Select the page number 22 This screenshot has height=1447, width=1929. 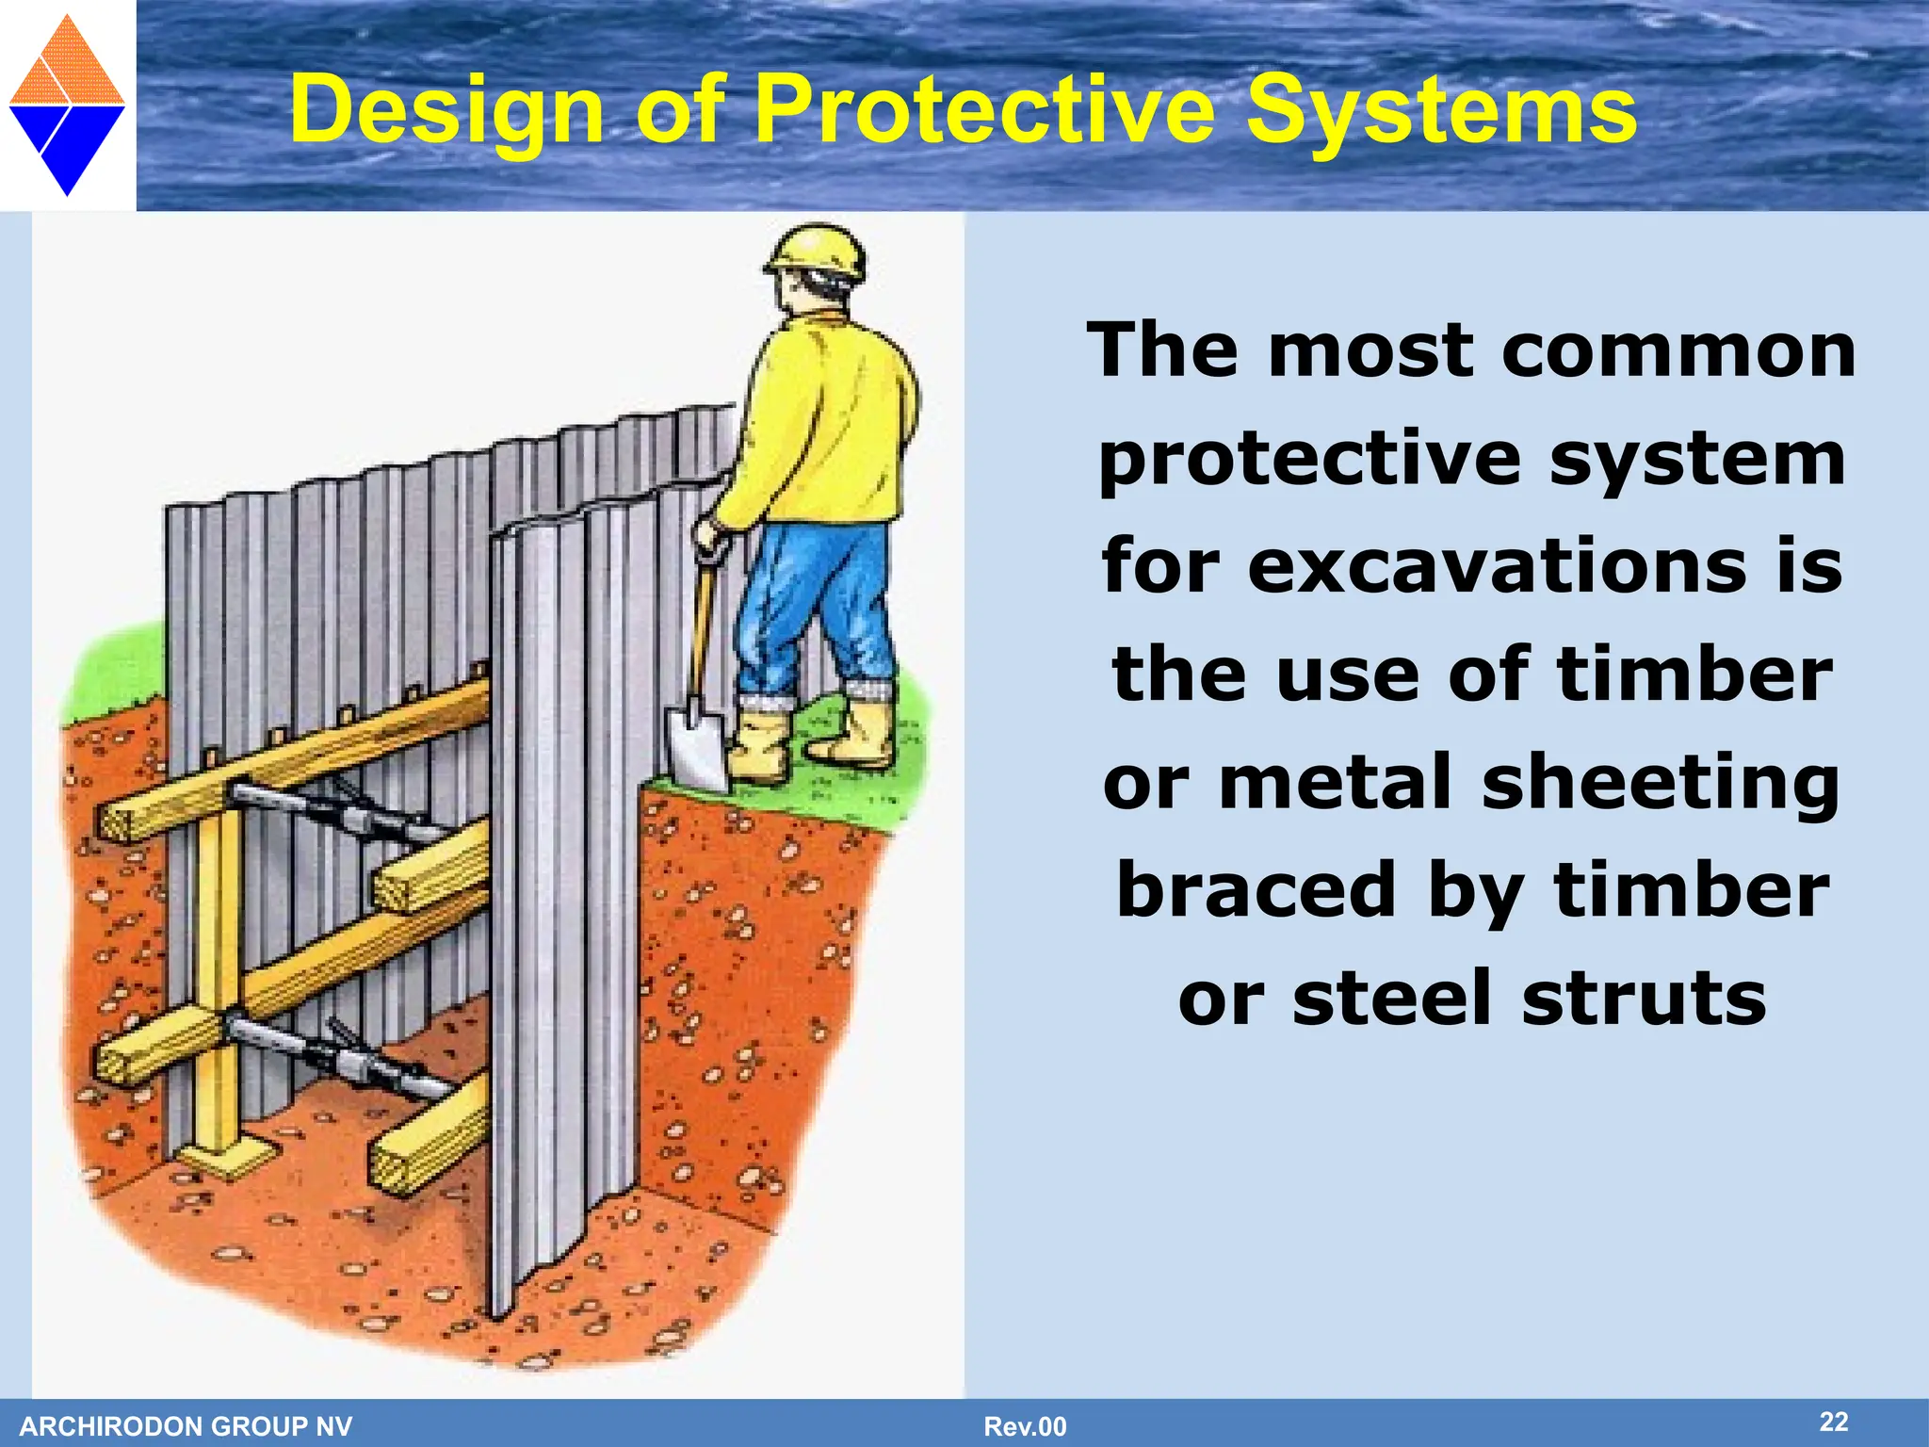pos(1833,1422)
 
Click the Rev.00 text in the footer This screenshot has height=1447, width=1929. pos(1025,1426)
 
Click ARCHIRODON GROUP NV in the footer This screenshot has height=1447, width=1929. pos(186,1426)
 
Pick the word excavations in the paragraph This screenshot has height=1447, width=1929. pos(1498,566)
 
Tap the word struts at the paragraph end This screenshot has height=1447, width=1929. pos(1644,999)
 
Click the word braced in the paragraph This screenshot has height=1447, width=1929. pos(1256,891)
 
